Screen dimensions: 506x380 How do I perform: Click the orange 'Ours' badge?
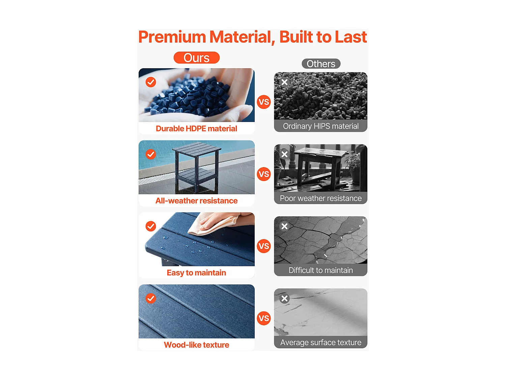(x=196, y=58)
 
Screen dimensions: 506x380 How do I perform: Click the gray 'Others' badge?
(x=321, y=64)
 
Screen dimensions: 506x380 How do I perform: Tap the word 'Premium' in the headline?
(x=172, y=37)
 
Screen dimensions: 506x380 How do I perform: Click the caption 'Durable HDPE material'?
(x=196, y=128)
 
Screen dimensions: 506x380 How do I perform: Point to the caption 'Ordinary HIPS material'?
(x=321, y=126)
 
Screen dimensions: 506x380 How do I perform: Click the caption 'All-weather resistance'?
(x=196, y=201)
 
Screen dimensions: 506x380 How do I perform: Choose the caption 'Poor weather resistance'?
(x=321, y=198)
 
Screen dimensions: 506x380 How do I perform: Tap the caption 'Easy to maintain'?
(x=196, y=273)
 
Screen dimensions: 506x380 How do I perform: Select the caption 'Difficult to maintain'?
(x=321, y=270)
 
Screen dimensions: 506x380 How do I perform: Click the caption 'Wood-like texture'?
(x=196, y=345)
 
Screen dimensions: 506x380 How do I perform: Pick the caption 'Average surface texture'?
(x=321, y=343)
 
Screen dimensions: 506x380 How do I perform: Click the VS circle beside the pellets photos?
(x=264, y=102)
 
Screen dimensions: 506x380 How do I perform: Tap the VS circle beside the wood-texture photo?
(x=264, y=319)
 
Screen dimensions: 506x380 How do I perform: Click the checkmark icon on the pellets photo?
(x=151, y=82)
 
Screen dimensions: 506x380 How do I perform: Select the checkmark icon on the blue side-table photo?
(x=151, y=154)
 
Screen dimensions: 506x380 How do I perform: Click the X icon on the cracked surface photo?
(x=284, y=226)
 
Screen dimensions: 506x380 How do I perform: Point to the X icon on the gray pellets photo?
(x=284, y=82)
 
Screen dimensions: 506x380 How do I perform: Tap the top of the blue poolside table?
(x=197, y=150)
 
